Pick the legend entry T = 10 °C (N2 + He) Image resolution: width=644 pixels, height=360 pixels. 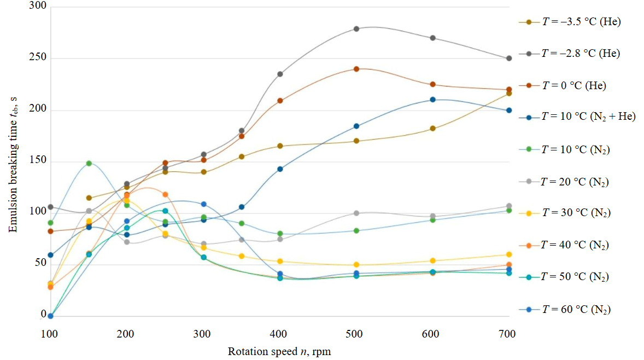coord(588,117)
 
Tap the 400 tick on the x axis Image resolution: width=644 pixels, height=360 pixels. coord(280,334)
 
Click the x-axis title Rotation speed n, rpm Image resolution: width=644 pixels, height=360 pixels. coord(279,351)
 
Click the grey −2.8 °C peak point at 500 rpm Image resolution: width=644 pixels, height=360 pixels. coord(356,28)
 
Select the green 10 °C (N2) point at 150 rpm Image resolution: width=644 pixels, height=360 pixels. coord(89,163)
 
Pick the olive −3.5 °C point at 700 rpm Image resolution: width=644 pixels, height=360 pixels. coord(508,94)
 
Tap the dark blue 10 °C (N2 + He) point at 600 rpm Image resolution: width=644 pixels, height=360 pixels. coord(432,100)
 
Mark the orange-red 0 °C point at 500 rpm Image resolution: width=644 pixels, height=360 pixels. coord(356,69)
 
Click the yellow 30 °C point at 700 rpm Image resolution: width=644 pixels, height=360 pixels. coord(508,254)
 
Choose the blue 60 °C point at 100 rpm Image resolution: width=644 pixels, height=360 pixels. coord(50,316)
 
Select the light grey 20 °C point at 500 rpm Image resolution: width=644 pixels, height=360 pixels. coord(356,213)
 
